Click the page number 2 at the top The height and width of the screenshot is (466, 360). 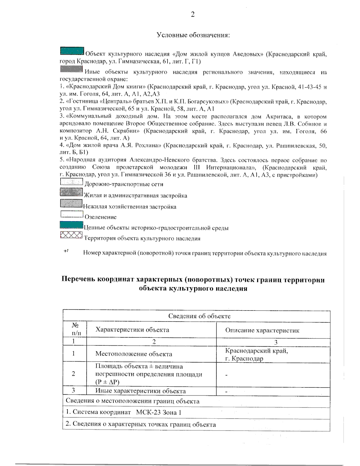[x=193, y=14]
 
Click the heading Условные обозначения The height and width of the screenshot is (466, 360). [x=193, y=35]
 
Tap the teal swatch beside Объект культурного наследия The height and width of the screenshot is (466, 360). [x=72, y=51]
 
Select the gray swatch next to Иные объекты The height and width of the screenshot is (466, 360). [x=71, y=69]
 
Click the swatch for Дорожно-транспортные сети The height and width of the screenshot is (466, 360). [x=71, y=182]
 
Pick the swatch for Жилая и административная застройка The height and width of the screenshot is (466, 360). [x=71, y=192]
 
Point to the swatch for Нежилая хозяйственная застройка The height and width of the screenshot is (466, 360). [x=71, y=203]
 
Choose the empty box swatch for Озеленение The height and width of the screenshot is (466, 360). [x=72, y=214]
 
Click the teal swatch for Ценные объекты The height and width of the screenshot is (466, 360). [x=71, y=225]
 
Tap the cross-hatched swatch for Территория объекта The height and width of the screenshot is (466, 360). [x=71, y=235]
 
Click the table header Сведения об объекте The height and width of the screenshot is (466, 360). [x=199, y=316]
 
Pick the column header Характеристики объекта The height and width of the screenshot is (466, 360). [x=132, y=330]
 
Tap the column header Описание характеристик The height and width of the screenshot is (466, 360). [x=262, y=330]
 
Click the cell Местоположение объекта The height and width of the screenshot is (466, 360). [x=133, y=354]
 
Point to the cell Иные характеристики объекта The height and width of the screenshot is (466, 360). [x=140, y=391]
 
